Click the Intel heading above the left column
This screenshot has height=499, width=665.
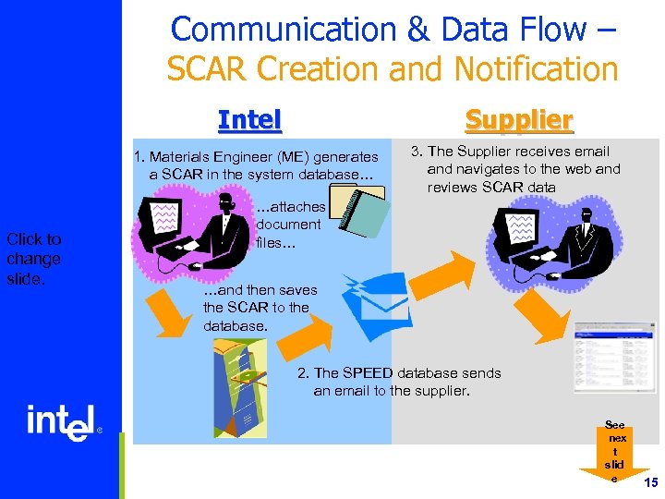[x=249, y=120]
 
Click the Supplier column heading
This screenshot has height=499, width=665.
[x=518, y=120]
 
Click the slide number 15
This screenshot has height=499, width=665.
[x=650, y=483]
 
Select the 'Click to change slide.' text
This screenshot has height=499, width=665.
[x=33, y=259]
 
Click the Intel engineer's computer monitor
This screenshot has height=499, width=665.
[x=166, y=221]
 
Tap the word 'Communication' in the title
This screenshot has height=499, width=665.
[x=282, y=30]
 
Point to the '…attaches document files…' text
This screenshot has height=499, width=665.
[x=288, y=225]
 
